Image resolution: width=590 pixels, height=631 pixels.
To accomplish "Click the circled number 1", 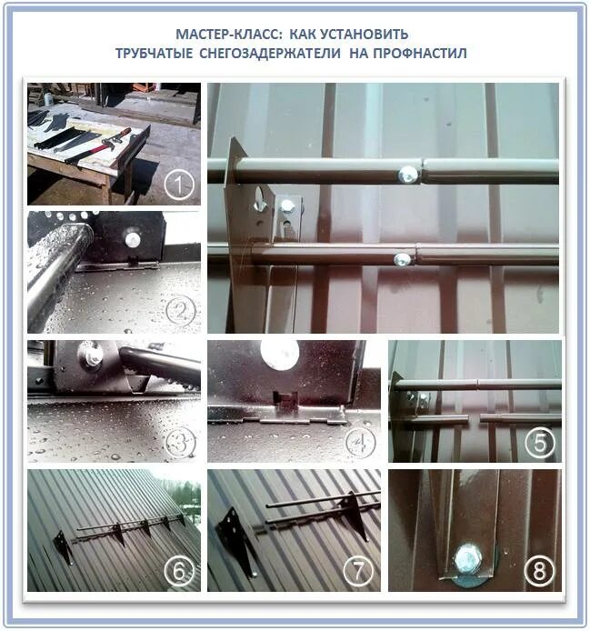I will point(181,186).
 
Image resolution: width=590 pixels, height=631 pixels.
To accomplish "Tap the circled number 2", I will point(181,313).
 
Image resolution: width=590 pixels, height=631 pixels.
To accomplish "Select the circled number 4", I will point(362,445).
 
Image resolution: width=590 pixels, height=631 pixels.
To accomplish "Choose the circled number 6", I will point(180,573).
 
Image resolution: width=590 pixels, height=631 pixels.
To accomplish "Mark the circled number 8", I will point(540,573).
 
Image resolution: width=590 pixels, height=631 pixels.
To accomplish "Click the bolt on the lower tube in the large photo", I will point(400,260).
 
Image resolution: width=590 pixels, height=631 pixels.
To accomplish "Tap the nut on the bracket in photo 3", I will point(94,357).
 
